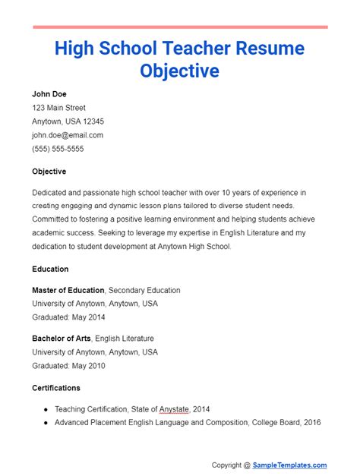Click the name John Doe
pyautogui.click(x=49, y=94)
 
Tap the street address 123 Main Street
pyautogui.click(x=58, y=108)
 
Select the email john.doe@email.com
pyautogui.click(x=68, y=135)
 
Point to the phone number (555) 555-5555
pyautogui.click(x=58, y=149)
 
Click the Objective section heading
pyautogui.click(x=49, y=172)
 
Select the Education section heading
pyautogui.click(x=50, y=269)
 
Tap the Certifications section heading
pyautogui.click(x=56, y=388)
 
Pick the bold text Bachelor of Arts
pyautogui.click(x=62, y=339)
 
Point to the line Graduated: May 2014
pyautogui.click(x=68, y=317)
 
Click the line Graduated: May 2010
pyautogui.click(x=68, y=366)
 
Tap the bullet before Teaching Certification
pyautogui.click(x=46, y=409)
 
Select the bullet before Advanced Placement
pyautogui.click(x=46, y=423)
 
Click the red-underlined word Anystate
pyautogui.click(x=174, y=409)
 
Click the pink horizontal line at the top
pyautogui.click(x=180, y=27)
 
